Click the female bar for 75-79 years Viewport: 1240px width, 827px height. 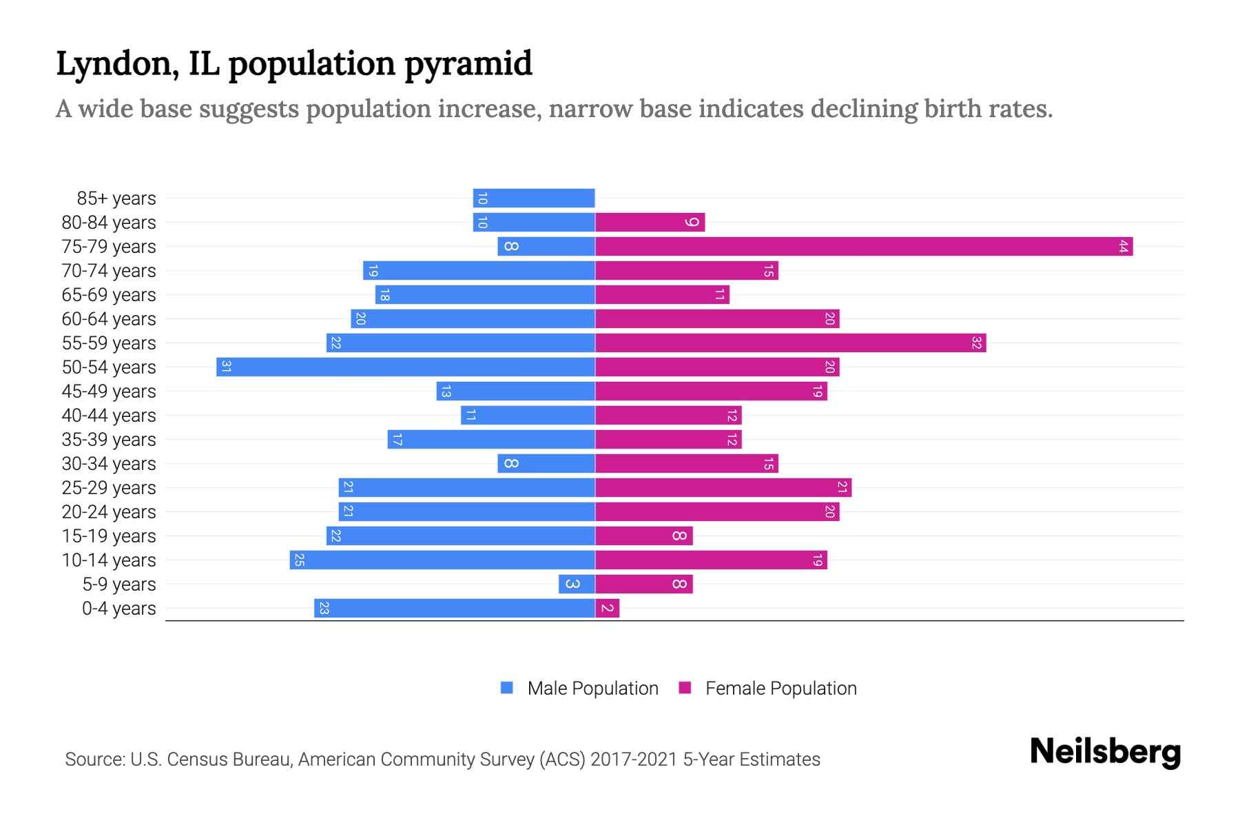click(x=864, y=246)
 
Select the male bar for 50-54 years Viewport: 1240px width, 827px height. click(x=406, y=367)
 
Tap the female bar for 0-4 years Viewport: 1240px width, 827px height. click(x=607, y=608)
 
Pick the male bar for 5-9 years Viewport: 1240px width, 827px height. click(x=577, y=584)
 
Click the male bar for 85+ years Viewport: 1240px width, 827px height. click(x=534, y=198)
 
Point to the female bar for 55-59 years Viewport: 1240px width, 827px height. click(x=790, y=343)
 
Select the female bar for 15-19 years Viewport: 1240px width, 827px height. click(x=643, y=535)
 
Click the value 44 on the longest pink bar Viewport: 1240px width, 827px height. click(x=1124, y=246)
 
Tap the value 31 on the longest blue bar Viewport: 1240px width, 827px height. click(x=225, y=367)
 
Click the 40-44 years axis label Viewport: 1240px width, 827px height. click(x=109, y=416)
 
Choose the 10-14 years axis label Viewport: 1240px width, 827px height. click(x=109, y=560)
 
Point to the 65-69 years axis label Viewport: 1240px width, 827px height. click(x=109, y=295)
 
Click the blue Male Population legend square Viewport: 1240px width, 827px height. click(x=507, y=688)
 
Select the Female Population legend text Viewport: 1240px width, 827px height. click(x=781, y=688)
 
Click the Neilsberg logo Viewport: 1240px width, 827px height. click(x=1105, y=752)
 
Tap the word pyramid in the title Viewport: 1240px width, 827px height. click(x=468, y=64)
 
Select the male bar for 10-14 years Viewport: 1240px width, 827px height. click(x=442, y=560)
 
